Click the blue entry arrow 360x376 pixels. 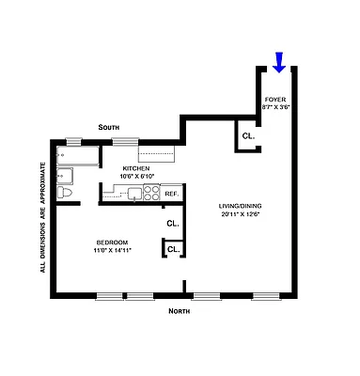tap(278, 63)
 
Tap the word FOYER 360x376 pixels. tap(275, 99)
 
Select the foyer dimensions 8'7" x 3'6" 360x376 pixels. tap(275, 107)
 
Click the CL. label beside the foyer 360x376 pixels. tap(248, 137)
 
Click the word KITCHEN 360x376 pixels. tap(136, 167)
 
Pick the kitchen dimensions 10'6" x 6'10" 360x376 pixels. tap(136, 176)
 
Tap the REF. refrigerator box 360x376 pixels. tap(172, 195)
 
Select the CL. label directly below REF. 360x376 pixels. tap(173, 224)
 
